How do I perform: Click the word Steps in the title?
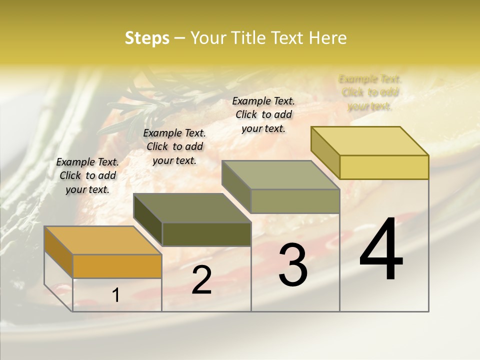pos(146,38)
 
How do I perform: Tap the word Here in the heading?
pos(327,38)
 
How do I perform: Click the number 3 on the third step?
pos(293,265)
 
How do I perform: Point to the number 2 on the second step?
pos(201,280)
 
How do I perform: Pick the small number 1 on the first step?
pos(116,295)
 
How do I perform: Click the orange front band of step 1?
pos(117,266)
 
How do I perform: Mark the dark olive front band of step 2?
pos(206,234)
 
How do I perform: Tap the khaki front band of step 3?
pos(295,201)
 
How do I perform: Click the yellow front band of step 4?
pos(384,167)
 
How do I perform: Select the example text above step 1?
pos(87,175)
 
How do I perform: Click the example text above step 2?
pos(174,146)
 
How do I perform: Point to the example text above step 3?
pos(263,114)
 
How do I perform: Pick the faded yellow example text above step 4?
pos(370,92)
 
